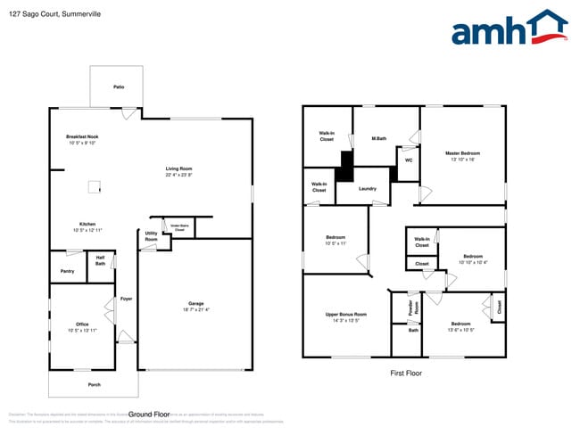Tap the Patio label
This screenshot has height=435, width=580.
click(x=118, y=87)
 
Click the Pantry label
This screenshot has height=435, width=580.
click(x=67, y=271)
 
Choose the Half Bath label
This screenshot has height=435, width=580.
click(x=100, y=261)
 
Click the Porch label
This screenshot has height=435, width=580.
click(x=94, y=384)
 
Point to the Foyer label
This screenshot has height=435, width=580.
click(x=126, y=299)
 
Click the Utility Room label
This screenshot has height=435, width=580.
click(x=151, y=237)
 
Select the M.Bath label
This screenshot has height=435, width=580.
click(x=379, y=138)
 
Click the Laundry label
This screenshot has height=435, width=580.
click(x=368, y=188)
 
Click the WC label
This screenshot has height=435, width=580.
click(x=408, y=160)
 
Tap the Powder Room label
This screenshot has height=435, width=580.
click(x=410, y=307)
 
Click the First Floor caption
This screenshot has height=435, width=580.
click(x=406, y=373)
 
